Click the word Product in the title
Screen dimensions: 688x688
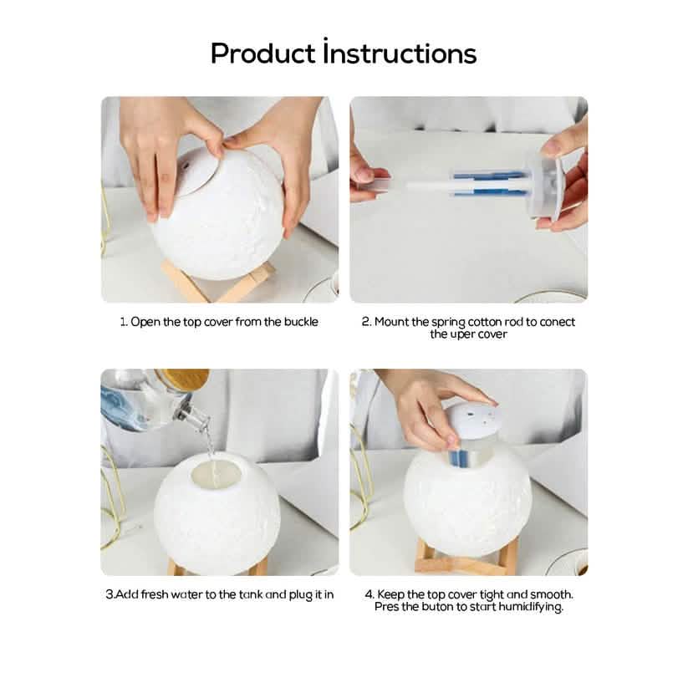262,54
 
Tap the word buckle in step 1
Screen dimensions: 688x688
301,322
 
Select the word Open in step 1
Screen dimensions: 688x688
145,323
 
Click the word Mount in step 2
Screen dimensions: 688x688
392,322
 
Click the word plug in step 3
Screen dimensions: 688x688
300,595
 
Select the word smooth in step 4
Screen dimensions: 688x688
552,594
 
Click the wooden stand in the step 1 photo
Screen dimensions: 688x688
217,281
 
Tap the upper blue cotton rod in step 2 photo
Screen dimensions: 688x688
489,176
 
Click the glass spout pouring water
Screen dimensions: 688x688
196,417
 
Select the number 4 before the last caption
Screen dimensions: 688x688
369,594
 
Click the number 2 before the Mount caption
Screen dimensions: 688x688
366,322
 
